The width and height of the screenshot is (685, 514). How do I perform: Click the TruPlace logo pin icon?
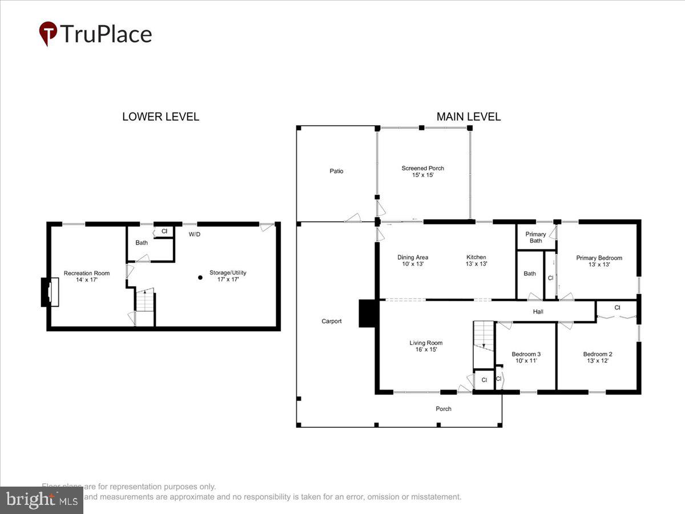coord(48,33)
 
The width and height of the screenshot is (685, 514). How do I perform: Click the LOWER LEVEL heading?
coord(160,117)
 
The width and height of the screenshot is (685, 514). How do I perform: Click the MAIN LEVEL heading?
coord(468,117)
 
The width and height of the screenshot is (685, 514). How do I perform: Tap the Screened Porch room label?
coord(422,171)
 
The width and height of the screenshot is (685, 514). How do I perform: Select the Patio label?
coord(336,171)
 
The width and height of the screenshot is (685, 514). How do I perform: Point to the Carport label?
coord(331,322)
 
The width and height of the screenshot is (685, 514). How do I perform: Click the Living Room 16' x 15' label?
coord(426,346)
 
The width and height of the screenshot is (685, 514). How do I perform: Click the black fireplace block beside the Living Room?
coord(366,314)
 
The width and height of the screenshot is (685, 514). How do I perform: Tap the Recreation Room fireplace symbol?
coord(49,292)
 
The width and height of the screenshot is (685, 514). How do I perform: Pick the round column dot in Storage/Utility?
coord(200,278)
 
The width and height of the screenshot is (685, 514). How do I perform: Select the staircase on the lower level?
coord(145,301)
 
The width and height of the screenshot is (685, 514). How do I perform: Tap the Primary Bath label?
coord(535,238)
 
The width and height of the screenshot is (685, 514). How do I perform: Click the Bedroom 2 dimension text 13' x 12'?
coord(598,361)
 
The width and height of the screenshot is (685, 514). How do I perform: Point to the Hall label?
coord(538,312)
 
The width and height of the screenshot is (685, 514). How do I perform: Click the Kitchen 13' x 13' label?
coord(476,260)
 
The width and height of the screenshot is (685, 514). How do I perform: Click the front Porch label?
coord(444,409)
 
